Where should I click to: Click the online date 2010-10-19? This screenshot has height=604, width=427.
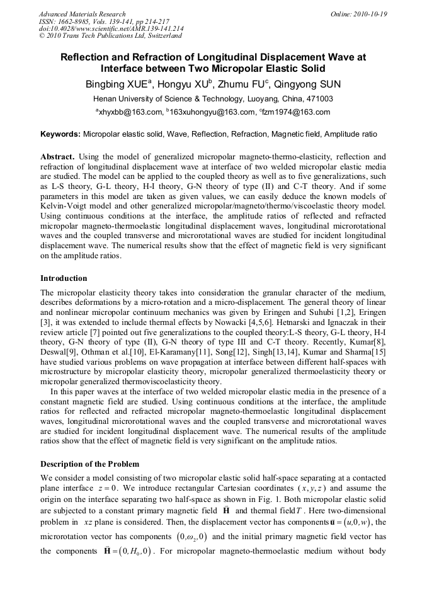tap(370, 14)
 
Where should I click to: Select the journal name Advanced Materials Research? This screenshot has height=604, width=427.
tap(82, 14)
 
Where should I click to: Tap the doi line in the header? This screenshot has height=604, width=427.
tap(111, 28)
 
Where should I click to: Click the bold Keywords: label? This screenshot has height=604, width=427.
tap(60, 134)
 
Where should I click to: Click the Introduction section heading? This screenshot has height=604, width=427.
tap(64, 278)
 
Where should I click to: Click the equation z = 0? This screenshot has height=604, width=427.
tap(114, 488)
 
